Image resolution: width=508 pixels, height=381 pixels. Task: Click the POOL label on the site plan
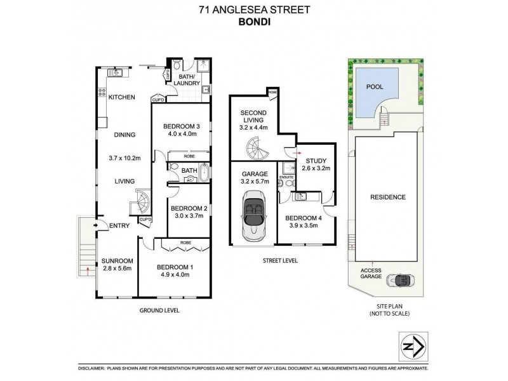pyautogui.click(x=375, y=87)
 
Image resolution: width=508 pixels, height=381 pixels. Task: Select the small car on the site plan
pyautogui.click(x=401, y=280)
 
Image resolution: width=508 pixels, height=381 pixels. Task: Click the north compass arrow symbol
pyautogui.click(x=413, y=347)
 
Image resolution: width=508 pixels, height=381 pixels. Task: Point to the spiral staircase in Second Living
pyautogui.click(x=258, y=148)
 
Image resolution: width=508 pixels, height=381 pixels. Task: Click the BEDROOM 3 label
pyautogui.click(x=182, y=126)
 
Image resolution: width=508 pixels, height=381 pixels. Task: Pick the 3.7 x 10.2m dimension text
pyautogui.click(x=124, y=158)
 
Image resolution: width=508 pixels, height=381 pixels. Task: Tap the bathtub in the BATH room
pyautogui.click(x=204, y=172)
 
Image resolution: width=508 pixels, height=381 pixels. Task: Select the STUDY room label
pyautogui.click(x=316, y=161)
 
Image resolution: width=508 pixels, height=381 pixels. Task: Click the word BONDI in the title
pyautogui.click(x=255, y=22)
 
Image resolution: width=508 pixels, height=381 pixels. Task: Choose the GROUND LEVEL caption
pyautogui.click(x=159, y=311)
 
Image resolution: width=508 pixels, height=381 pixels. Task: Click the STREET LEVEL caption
pyautogui.click(x=280, y=260)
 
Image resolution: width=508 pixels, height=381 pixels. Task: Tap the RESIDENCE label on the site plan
pyautogui.click(x=388, y=197)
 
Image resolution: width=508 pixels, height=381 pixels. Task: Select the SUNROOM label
pyautogui.click(x=117, y=261)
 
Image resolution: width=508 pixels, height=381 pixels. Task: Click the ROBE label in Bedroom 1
pyautogui.click(x=186, y=243)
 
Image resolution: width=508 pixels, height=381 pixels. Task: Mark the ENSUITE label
pyautogui.click(x=286, y=177)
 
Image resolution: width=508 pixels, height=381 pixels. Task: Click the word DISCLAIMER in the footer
pyautogui.click(x=91, y=368)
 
